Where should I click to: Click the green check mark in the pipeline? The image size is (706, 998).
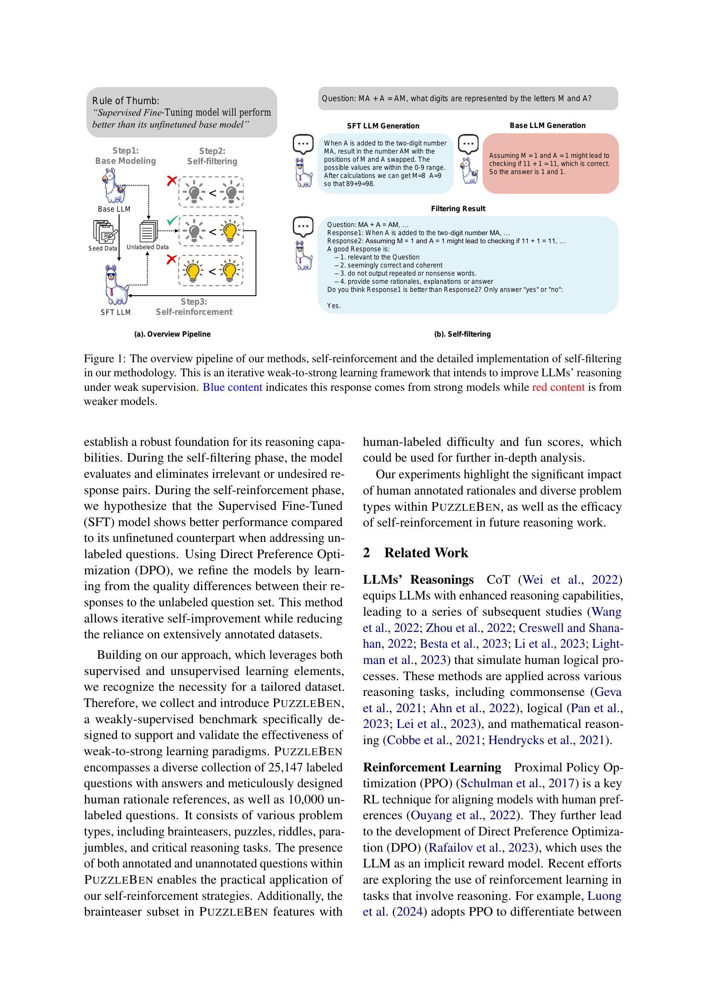click(172, 221)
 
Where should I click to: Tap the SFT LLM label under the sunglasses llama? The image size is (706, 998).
click(116, 312)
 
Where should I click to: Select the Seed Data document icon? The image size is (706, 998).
click(104, 232)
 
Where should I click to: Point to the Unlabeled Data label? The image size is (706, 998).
click(147, 247)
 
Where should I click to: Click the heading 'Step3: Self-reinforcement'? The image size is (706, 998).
click(194, 306)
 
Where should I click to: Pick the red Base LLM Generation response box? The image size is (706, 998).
click(550, 163)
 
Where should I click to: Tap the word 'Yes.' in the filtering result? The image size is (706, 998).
click(334, 306)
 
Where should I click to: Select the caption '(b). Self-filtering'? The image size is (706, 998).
click(462, 334)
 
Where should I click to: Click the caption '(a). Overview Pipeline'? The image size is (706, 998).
click(172, 334)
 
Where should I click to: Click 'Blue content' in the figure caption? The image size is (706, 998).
click(233, 387)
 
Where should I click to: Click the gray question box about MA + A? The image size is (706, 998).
click(468, 99)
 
